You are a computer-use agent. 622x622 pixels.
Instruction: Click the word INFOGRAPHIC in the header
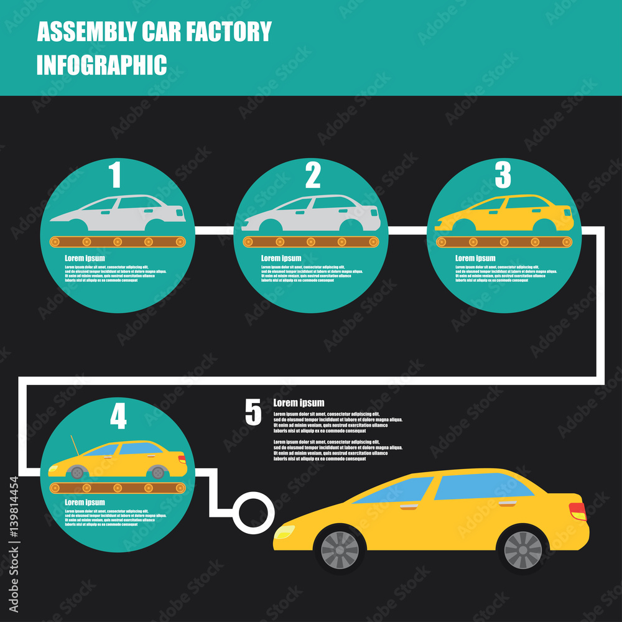[x=101, y=65]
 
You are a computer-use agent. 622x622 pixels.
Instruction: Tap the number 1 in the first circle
[x=115, y=175]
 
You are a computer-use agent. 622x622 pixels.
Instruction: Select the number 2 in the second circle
[x=313, y=175]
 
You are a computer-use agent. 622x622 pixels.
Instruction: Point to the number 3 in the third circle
[x=503, y=175]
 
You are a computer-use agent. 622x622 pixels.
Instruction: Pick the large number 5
[x=253, y=413]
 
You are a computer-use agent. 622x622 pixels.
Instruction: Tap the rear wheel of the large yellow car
[x=522, y=549]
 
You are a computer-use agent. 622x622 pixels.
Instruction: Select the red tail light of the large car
[x=578, y=511]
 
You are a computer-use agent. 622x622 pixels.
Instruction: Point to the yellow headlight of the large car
[x=285, y=532]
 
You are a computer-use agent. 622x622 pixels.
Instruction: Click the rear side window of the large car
[x=482, y=486]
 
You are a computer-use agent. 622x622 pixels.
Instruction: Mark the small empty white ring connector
[x=254, y=512]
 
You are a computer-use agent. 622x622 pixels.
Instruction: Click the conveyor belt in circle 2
[x=311, y=241]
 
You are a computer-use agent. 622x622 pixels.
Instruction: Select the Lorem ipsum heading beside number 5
[x=299, y=403]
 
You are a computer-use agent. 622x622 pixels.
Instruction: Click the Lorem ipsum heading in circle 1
[x=85, y=258]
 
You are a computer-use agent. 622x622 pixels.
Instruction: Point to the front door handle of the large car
[x=409, y=508]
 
